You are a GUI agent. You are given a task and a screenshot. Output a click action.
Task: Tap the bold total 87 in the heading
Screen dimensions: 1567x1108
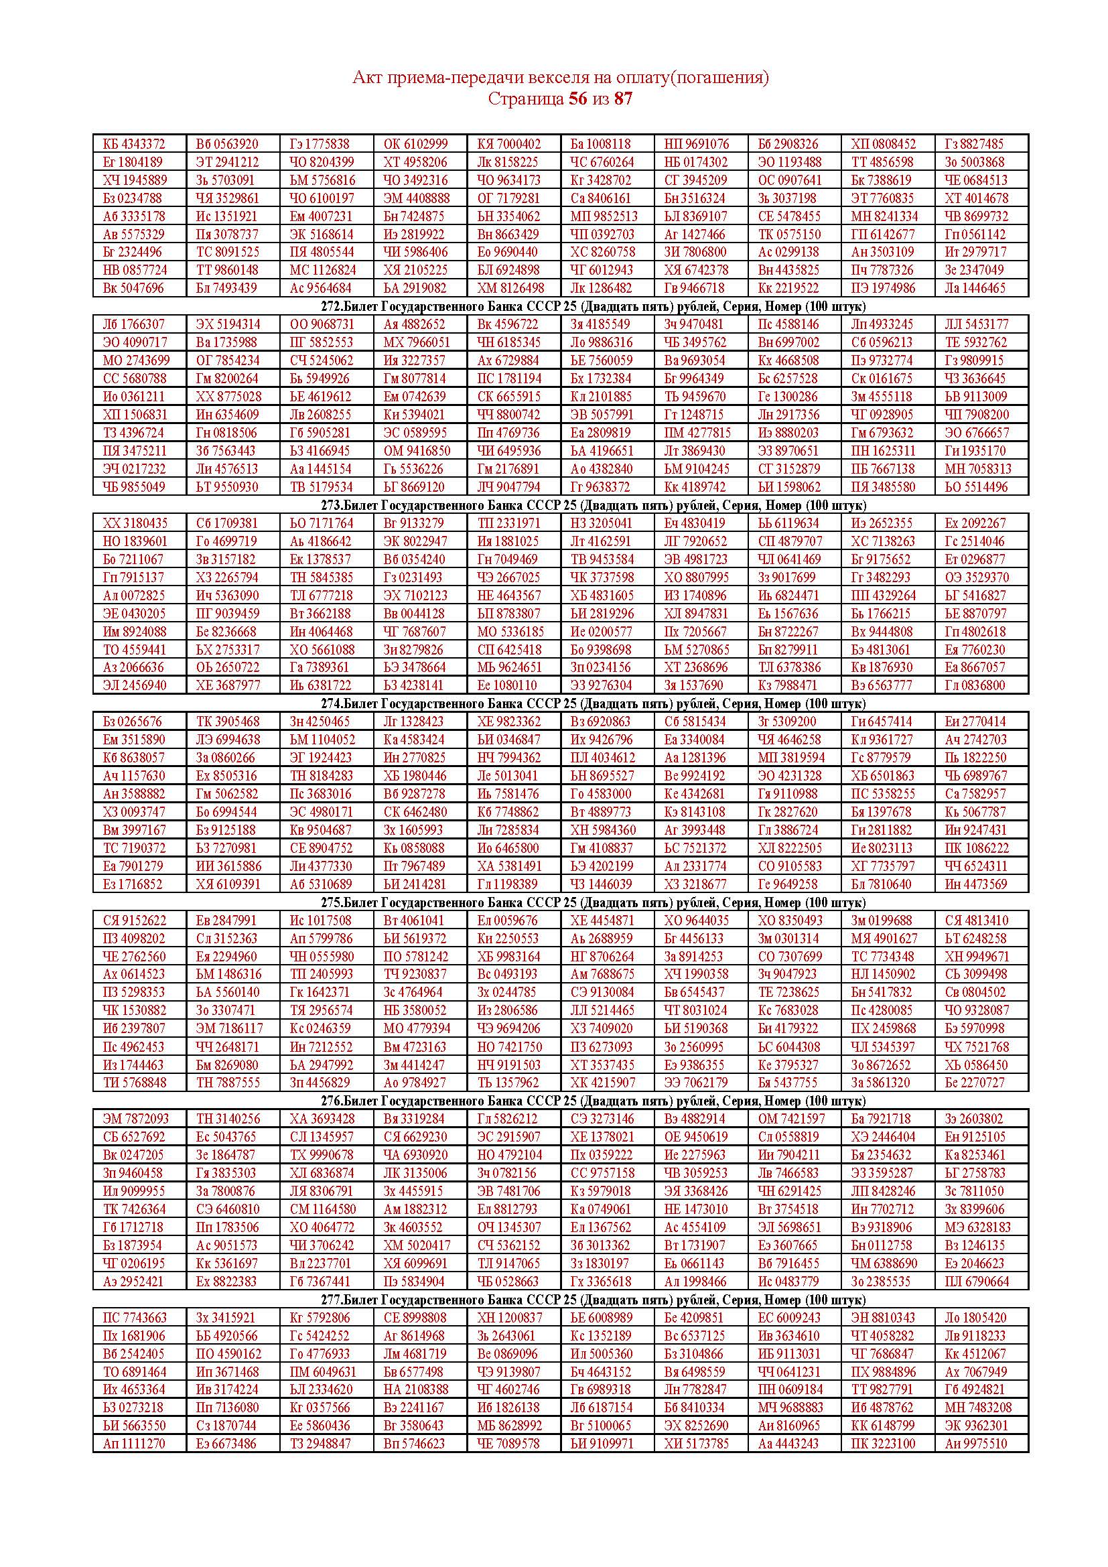pos(623,99)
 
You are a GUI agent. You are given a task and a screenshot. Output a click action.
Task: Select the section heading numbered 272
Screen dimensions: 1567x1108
pos(559,306)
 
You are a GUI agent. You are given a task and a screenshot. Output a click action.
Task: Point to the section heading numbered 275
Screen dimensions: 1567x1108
pos(559,903)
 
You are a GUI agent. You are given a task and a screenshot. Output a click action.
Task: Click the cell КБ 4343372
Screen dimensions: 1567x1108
pos(134,144)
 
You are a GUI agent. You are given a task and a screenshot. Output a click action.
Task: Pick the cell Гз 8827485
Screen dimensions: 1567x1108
pos(974,144)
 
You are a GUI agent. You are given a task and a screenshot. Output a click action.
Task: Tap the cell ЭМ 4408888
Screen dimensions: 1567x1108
pos(416,198)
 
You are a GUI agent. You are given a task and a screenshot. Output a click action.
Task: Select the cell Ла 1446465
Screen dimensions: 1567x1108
pos(975,288)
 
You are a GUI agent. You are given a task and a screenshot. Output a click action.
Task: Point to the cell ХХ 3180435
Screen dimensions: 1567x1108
pos(135,523)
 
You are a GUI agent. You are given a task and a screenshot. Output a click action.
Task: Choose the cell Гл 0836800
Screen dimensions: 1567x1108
pos(975,685)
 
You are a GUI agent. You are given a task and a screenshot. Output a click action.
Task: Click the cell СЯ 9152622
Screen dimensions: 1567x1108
pos(135,921)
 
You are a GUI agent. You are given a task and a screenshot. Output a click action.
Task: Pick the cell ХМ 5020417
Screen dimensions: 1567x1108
pos(416,1245)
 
